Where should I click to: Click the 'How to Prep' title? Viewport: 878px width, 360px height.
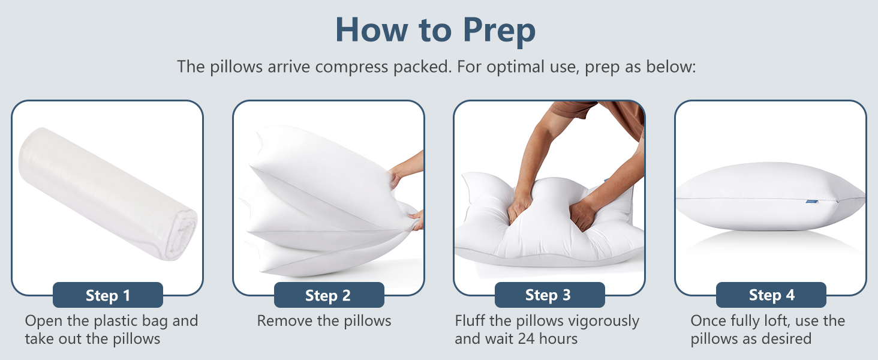[435, 30]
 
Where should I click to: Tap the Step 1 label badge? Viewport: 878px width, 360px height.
[108, 295]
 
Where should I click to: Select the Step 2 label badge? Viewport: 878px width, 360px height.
[328, 295]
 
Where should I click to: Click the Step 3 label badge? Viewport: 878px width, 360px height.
[548, 295]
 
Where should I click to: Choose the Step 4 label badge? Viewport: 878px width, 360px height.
[771, 295]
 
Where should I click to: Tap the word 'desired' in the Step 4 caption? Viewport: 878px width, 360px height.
[783, 339]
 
